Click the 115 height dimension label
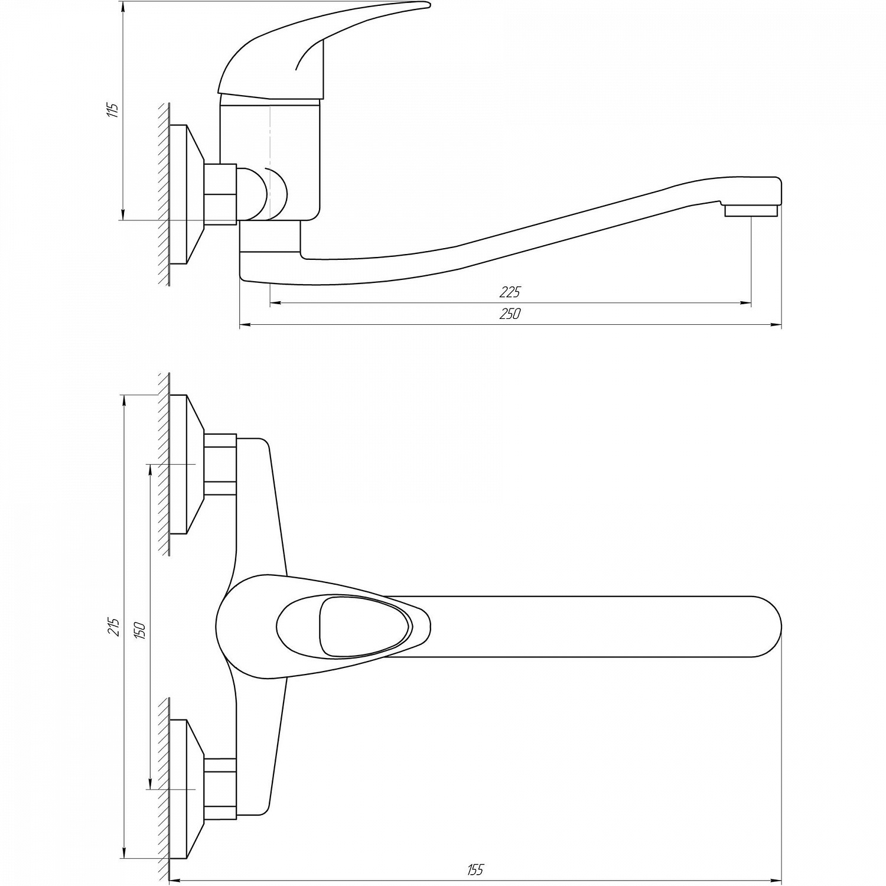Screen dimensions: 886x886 coord(115,110)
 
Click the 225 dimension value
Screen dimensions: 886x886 coord(510,292)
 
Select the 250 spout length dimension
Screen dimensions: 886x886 coord(510,314)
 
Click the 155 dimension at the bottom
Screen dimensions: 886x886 coord(475,869)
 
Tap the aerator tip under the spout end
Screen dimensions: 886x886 coord(751,211)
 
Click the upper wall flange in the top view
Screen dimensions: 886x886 coord(187,464)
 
